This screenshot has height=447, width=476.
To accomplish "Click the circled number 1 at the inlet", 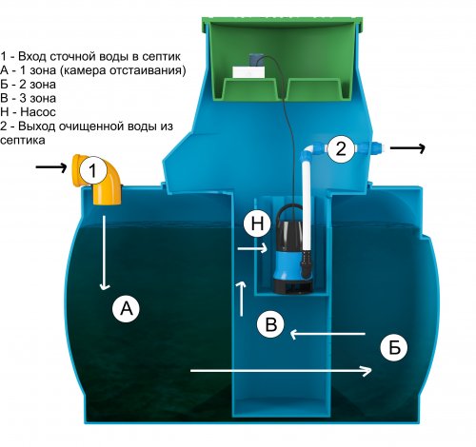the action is (92, 170).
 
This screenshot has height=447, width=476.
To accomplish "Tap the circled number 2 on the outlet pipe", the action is (341, 148).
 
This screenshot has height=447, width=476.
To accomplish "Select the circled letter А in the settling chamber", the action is (126, 308).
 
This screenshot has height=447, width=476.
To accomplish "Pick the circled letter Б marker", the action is (394, 347).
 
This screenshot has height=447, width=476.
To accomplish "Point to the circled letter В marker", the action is (270, 324).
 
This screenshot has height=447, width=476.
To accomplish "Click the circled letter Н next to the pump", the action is (257, 223).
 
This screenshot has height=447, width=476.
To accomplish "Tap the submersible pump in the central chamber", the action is (291, 249).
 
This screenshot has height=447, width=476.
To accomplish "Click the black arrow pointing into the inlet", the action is (50, 166).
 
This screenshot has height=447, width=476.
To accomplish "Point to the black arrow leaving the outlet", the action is (407, 147).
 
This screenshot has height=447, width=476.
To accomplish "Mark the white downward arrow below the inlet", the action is (104, 253).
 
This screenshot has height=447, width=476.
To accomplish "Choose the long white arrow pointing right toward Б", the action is (281, 371).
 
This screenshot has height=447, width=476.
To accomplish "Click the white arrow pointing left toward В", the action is (327, 334).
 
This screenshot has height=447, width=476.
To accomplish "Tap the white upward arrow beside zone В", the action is (242, 298).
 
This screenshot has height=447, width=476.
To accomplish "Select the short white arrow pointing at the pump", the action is (252, 248).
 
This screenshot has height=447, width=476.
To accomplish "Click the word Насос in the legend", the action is (38, 112).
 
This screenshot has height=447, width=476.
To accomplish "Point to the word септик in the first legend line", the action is (161, 57).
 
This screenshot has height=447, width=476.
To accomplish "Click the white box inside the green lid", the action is (248, 72).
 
